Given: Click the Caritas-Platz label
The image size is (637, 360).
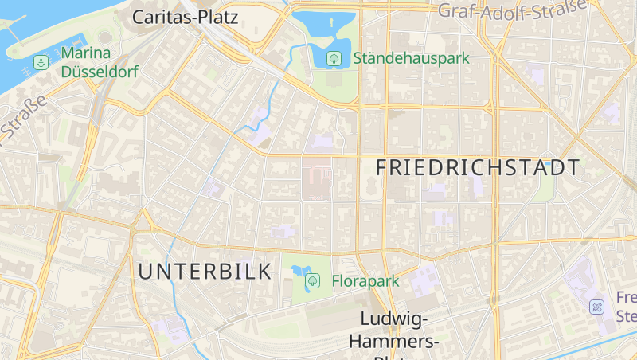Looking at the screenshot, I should [x=188, y=16].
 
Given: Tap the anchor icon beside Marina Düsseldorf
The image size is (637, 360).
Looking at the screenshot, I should [x=39, y=62].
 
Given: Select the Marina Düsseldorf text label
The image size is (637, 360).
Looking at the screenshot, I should [x=100, y=63].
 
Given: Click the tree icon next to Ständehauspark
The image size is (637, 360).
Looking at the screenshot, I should [x=334, y=58].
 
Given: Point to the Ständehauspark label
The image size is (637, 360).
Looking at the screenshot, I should [x=411, y=58].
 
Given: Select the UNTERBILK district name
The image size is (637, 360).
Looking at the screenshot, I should [x=205, y=271].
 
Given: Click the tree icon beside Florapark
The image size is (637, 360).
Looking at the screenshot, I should [x=313, y=280].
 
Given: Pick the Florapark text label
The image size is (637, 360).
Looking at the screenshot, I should [x=364, y=280].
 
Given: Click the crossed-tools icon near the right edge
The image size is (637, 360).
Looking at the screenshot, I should [x=596, y=306].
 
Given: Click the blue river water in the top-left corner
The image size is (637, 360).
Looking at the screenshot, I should [x=16, y=24].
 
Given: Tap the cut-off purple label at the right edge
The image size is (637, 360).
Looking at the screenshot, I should [x=627, y=306].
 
